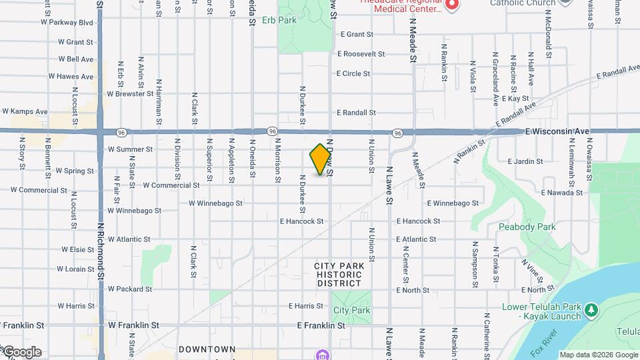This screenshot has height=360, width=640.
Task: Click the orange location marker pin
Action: (321, 159)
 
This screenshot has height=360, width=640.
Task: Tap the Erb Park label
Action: (279, 21)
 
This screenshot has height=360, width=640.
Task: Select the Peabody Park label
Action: (527, 227)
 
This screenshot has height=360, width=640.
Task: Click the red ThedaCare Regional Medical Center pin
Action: (452, 5)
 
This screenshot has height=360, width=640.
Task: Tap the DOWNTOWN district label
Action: (207, 349)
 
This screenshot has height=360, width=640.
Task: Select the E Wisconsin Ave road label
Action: (557, 131)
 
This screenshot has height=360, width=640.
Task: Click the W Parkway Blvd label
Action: (67, 23)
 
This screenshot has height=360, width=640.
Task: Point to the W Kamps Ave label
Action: (25, 111)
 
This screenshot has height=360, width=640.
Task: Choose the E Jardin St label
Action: (527, 161)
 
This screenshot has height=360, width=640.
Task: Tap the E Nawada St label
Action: (561, 193)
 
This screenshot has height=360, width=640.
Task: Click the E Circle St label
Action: (353, 74)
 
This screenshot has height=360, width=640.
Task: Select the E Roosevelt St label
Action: (361, 54)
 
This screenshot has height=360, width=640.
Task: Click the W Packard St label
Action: (130, 289)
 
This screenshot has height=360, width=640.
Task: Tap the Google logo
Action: (21, 352)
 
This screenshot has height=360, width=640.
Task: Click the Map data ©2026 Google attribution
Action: (599, 355)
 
